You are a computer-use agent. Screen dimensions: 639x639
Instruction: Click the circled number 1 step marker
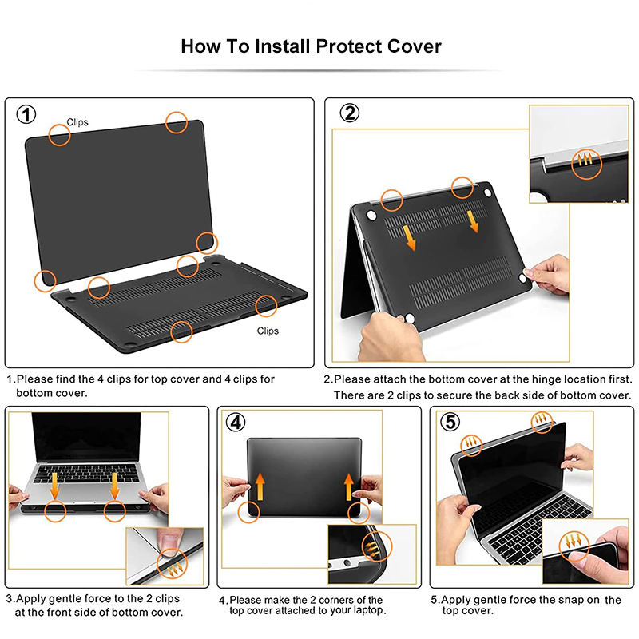26,114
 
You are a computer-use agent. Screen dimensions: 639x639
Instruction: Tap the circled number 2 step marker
350,113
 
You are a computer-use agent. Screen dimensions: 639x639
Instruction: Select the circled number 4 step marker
236,423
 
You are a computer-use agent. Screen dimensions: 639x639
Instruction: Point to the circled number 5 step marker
450,422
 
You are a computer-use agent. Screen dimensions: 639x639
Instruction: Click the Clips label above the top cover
77,122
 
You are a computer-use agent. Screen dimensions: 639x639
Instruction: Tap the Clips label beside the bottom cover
268,331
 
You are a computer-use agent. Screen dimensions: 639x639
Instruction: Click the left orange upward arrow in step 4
260,486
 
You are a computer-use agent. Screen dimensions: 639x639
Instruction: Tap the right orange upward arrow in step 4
349,486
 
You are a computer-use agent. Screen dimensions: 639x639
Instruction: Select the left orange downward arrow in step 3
54,486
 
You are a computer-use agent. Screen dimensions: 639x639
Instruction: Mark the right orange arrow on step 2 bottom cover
473,222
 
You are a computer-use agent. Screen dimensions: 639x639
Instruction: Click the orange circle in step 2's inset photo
586,165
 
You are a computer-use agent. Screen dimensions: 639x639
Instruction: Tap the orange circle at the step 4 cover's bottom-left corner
248,512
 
